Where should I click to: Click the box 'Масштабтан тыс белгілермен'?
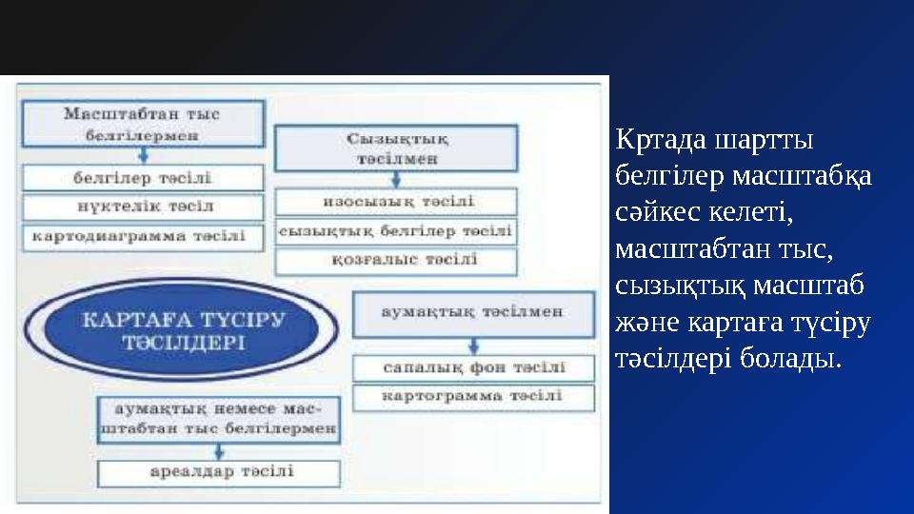142,125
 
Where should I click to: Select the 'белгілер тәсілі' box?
143,178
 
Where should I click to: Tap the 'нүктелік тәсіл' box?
143,207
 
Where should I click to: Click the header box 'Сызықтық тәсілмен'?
395,148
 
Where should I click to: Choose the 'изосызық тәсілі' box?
395,202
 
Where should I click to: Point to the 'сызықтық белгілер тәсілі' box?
395,230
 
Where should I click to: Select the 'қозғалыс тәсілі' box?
395,260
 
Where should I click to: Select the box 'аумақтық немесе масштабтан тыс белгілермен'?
218,419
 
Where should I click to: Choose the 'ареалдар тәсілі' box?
218,472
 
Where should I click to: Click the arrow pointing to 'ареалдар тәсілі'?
218,450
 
